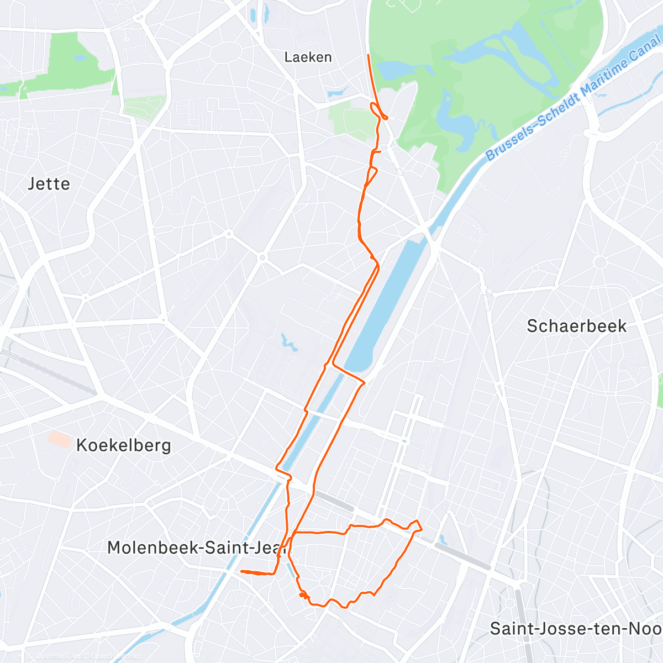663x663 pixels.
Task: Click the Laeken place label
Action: (x=308, y=57)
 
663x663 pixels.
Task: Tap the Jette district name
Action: (x=49, y=184)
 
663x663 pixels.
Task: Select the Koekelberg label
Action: (x=123, y=445)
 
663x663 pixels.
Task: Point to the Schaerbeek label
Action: (x=576, y=326)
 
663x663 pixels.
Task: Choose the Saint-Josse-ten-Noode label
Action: (x=575, y=629)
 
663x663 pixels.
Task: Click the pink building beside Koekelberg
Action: (x=60, y=439)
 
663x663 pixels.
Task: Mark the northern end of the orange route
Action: (x=369, y=55)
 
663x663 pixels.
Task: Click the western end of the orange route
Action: (x=242, y=571)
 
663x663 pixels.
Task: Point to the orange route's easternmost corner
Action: (x=422, y=529)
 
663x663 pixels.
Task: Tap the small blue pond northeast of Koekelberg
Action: (x=288, y=342)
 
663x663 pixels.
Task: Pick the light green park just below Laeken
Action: (x=351, y=119)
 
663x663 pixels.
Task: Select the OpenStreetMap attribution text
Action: (x=116, y=656)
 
